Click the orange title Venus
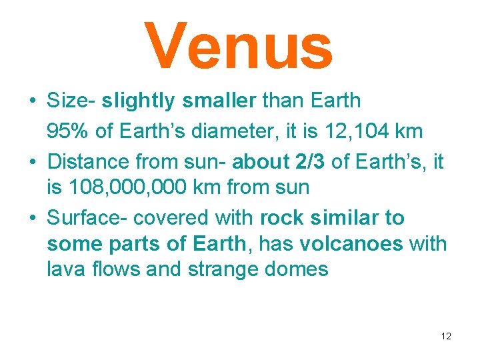click(238, 46)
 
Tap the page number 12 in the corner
click(446, 336)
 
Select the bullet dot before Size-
click(32, 101)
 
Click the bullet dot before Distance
click(32, 162)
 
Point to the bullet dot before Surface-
click(32, 219)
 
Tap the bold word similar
click(339, 218)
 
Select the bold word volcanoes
click(351, 245)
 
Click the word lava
click(64, 269)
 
